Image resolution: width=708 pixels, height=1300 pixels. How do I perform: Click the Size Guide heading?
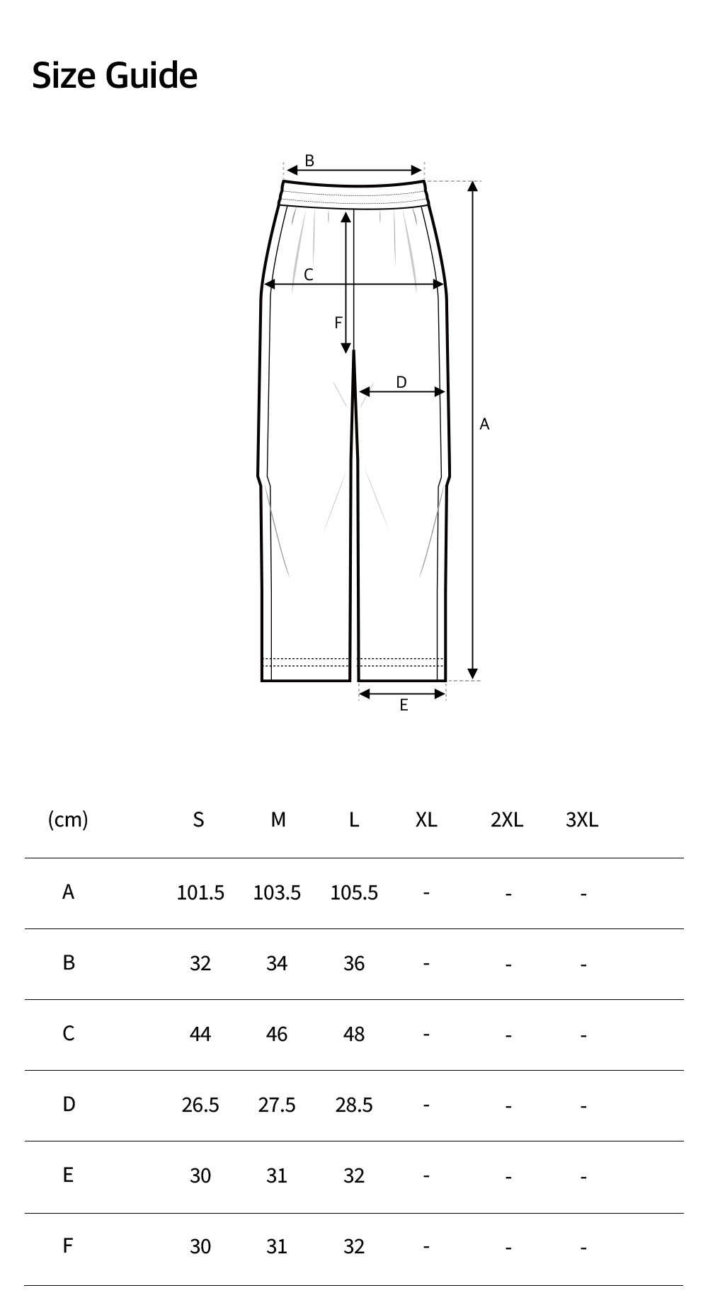point(115,76)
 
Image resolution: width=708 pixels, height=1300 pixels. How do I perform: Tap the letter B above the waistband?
point(309,161)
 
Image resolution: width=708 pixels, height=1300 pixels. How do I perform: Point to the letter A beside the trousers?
point(484,424)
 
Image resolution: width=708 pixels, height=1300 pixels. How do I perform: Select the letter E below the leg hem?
point(404,705)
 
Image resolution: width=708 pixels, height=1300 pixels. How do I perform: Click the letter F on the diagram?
point(338,323)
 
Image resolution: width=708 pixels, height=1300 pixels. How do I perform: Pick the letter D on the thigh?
point(401,382)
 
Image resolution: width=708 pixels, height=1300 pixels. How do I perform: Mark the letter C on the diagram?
point(309,275)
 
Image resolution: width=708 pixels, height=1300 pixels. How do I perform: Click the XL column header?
point(426,819)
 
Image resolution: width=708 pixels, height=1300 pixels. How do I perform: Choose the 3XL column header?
point(582,819)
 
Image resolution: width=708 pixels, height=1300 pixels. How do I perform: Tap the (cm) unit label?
point(68,819)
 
